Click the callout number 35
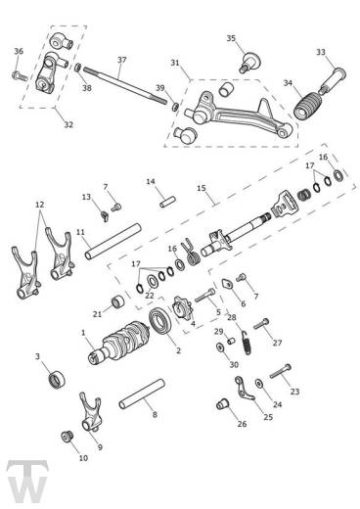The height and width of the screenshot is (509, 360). point(231,39)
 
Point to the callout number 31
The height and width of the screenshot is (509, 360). point(174,63)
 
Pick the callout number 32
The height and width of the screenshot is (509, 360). point(67,124)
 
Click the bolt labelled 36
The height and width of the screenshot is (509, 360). point(20,73)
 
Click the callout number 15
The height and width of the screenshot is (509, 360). point(201,188)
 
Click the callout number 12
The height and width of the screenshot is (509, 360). point(39,205)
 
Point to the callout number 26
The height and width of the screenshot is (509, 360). point(241,424)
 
